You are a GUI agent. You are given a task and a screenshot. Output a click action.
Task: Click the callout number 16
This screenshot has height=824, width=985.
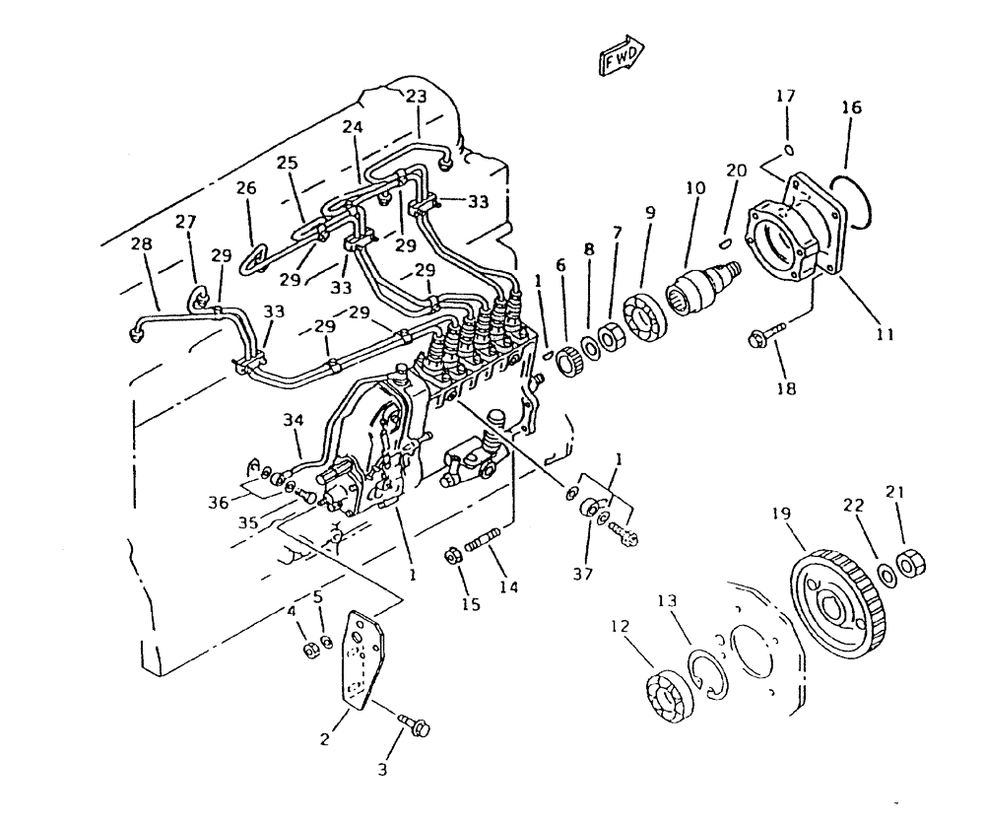pyautogui.click(x=850, y=107)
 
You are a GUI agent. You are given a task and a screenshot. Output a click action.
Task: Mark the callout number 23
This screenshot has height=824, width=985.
pyautogui.click(x=417, y=97)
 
